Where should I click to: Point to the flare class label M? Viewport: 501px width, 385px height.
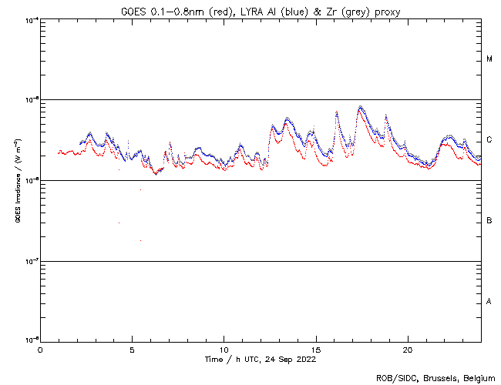point(489,59)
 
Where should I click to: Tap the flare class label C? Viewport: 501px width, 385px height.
point(489,140)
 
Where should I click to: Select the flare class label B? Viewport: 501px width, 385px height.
point(489,221)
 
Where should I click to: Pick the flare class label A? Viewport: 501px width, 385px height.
point(489,301)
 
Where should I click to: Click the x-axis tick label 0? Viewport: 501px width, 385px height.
point(40,350)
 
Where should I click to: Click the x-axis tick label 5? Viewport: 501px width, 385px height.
point(132,350)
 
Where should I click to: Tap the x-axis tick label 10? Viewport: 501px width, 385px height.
point(224,350)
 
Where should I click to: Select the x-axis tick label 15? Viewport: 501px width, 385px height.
point(316,350)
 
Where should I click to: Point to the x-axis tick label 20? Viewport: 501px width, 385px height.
point(408,350)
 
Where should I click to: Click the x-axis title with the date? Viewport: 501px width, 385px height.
point(261,359)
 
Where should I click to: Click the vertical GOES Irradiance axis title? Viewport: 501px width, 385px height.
point(17,180)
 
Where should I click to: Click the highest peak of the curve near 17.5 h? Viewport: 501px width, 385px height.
point(360,107)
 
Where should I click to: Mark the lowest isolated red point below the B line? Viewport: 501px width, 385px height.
point(140,241)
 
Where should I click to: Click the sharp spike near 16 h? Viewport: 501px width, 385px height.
point(336,112)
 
